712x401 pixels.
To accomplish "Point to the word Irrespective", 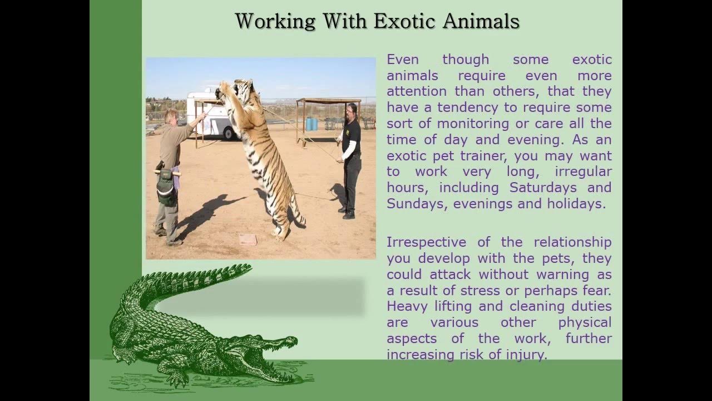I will click(x=426, y=242).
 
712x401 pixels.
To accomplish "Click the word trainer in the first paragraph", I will click(x=483, y=155).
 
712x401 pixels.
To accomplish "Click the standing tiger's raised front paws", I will click(x=225, y=87).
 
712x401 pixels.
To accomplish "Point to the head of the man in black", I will click(x=351, y=110).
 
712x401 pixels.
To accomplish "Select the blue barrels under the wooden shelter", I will click(x=311, y=124).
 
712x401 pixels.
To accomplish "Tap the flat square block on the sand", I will click(x=248, y=239).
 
